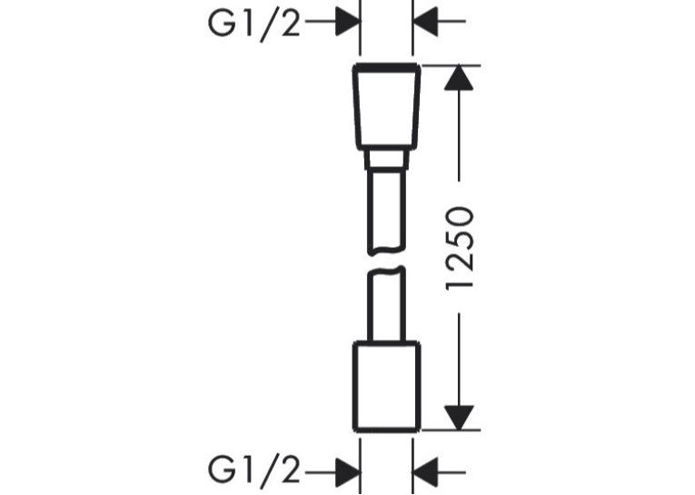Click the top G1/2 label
point(254,24)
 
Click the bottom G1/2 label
point(254,470)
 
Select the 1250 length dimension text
point(460,247)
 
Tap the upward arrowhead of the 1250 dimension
point(459,77)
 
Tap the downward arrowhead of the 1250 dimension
point(459,418)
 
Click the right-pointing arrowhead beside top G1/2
point(347,21)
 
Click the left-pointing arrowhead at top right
point(425,21)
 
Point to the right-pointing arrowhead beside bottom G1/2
point(347,472)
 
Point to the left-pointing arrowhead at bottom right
point(425,472)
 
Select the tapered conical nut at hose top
point(386,105)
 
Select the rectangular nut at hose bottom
point(386,386)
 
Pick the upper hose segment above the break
point(386,212)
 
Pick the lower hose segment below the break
point(386,304)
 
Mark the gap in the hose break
point(386,262)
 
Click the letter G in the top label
point(222,24)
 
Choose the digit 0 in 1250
point(460,220)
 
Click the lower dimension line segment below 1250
point(459,359)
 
